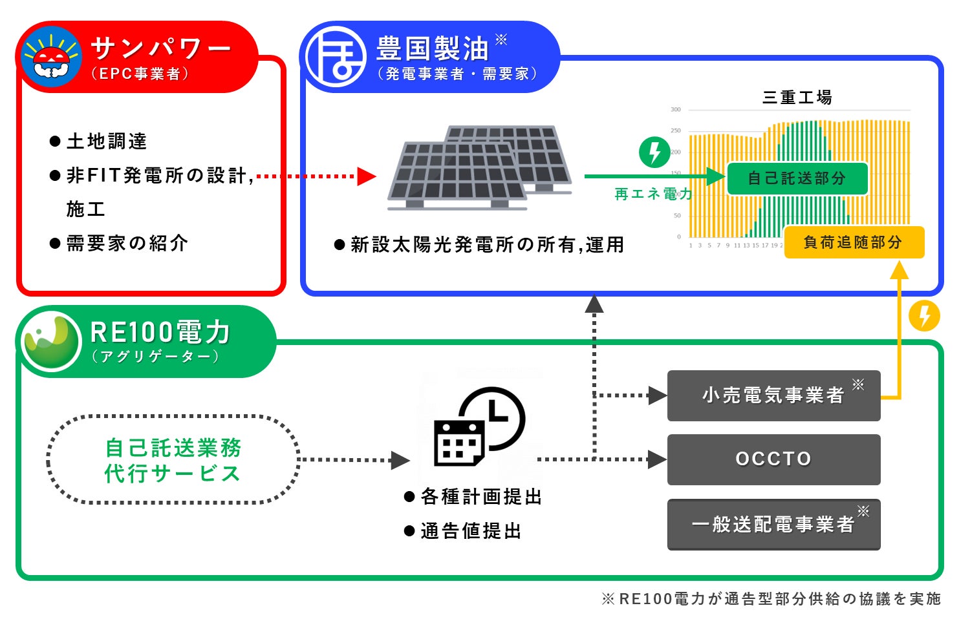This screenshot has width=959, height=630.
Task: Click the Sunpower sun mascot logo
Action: (x=50, y=57)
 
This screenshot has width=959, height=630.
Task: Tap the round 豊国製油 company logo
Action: (x=335, y=57)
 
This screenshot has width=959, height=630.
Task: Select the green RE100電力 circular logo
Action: (x=52, y=341)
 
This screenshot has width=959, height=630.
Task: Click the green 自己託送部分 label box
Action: (x=797, y=178)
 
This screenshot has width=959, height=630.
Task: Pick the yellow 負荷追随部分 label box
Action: (x=854, y=242)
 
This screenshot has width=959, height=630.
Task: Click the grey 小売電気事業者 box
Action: (x=773, y=395)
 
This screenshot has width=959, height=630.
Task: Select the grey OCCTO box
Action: (x=773, y=459)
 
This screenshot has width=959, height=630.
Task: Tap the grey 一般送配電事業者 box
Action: (x=773, y=524)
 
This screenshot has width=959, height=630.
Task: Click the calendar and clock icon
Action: (x=479, y=426)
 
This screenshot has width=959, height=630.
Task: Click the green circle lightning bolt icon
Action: (x=654, y=152)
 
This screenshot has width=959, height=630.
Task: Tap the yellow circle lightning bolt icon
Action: (x=924, y=316)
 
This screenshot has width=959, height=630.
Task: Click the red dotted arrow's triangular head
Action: (x=367, y=176)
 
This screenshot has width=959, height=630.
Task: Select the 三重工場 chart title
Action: (x=797, y=98)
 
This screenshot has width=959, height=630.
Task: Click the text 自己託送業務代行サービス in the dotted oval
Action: (x=173, y=460)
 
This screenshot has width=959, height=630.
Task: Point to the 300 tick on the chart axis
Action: (x=676, y=110)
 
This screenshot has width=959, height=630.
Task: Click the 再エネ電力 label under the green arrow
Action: (x=652, y=194)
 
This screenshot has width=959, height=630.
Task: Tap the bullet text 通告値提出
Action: (x=471, y=531)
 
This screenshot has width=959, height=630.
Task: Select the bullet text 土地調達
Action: (x=107, y=142)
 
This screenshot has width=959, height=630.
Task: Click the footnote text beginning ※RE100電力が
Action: (x=771, y=599)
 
